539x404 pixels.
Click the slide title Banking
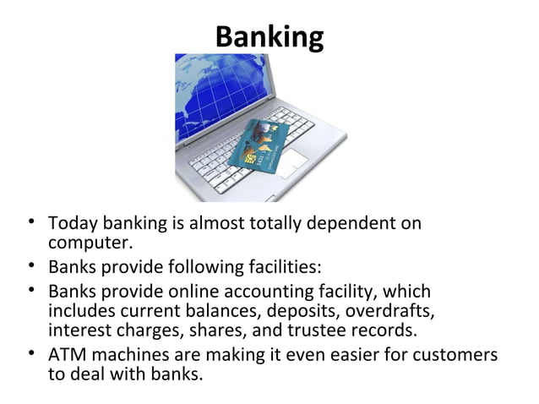click(269, 37)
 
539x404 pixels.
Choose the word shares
click(242, 330)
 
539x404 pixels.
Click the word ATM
click(66, 352)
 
